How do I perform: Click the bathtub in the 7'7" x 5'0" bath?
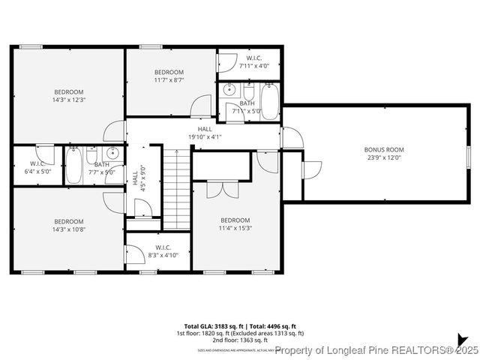[x=73, y=167]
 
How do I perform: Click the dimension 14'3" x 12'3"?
[x=68, y=99]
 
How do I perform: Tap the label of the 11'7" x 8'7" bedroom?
[x=169, y=71]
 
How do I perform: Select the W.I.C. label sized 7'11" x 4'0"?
[x=254, y=58]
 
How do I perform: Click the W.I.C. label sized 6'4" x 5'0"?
[x=37, y=163]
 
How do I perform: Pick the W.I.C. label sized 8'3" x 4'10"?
[x=163, y=247]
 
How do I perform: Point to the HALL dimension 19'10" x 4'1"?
[x=205, y=136]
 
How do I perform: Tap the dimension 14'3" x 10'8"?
[x=68, y=229]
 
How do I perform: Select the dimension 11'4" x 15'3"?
[x=235, y=229]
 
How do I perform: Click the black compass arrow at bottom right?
[x=462, y=340]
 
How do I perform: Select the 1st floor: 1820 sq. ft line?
[x=239, y=333]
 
